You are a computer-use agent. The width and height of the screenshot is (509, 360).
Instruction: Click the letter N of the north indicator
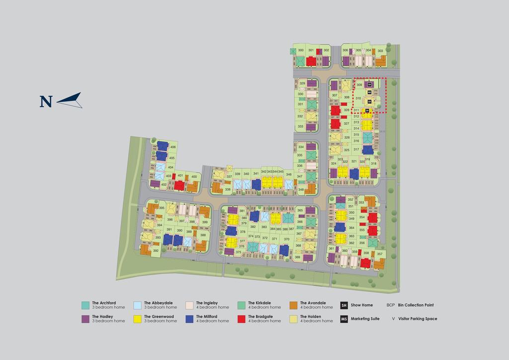pyautogui.click(x=46, y=101)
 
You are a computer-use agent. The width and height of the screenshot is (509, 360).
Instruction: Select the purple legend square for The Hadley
pyautogui.click(x=85, y=319)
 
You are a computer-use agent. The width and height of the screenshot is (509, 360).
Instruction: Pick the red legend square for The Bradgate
pyautogui.click(x=242, y=319)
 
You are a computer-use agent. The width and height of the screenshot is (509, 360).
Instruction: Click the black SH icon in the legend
pyautogui.click(x=344, y=305)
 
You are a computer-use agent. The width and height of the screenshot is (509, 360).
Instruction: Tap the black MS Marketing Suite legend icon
pyautogui.click(x=344, y=319)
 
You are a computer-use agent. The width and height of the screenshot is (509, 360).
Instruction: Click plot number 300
pyautogui.click(x=300, y=50)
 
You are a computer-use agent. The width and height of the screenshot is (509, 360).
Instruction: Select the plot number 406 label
pyautogui.click(x=172, y=147)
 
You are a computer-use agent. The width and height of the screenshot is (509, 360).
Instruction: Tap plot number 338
pyautogui.click(x=228, y=189)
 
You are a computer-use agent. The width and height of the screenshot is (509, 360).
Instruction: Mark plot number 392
pyautogui.click(x=156, y=251)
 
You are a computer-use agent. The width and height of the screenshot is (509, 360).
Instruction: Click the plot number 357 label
pyautogui.click(x=380, y=254)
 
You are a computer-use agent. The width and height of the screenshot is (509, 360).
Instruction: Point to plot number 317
pyautogui.click(x=356, y=149)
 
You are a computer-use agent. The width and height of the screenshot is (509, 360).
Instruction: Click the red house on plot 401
pyautogui.click(x=179, y=185)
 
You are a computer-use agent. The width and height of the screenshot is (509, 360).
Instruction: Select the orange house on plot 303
pyautogui.click(x=380, y=61)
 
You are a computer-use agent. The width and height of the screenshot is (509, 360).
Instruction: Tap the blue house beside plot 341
pyautogui.click(x=256, y=184)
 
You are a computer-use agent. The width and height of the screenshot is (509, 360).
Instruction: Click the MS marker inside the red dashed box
pyautogui.click(x=369, y=92)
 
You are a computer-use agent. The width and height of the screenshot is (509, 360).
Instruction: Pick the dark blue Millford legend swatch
pyautogui.click(x=189, y=319)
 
